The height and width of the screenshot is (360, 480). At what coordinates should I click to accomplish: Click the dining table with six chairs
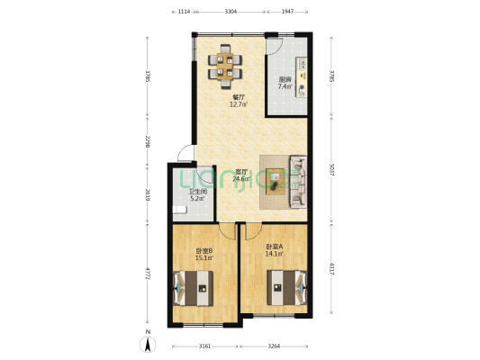tap(226, 66)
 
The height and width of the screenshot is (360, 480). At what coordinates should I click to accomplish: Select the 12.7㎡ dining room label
tap(239, 101)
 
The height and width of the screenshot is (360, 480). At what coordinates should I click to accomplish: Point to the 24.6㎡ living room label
tap(241, 175)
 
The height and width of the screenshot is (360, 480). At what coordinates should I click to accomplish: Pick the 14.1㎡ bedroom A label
tap(275, 251)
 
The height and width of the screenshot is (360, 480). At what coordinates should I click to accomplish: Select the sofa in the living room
tap(297, 182)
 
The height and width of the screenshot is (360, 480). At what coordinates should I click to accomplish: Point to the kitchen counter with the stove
tap(303, 81)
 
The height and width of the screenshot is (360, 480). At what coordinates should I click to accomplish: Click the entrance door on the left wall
tap(185, 157)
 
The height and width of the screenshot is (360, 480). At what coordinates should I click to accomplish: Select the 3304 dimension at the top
tap(231, 12)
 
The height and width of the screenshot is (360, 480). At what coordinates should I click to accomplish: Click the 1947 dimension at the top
tap(287, 12)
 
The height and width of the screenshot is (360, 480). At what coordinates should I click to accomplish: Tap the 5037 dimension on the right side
tap(331, 171)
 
